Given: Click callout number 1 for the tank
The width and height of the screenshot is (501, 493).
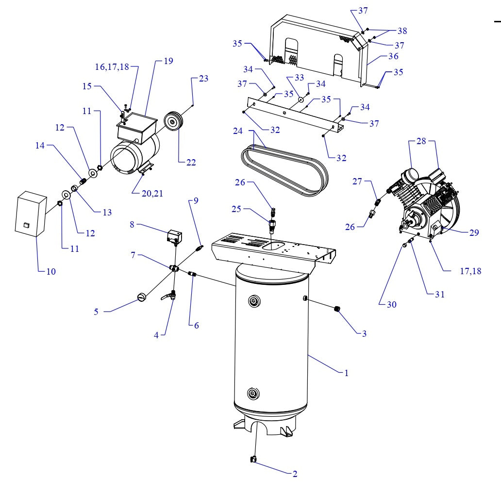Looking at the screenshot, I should coord(346,373).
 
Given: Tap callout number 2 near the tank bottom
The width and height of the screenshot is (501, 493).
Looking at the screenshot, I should coord(295,474).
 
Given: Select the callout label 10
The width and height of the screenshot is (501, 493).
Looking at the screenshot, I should coord(51,271).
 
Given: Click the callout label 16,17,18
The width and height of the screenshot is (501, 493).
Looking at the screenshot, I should coord(112,67).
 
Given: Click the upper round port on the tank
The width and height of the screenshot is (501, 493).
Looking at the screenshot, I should coord(252,302).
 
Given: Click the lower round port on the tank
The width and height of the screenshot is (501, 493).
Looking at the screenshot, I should coord(252,392).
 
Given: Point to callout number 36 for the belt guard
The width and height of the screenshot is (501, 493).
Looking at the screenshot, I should coord(393,56).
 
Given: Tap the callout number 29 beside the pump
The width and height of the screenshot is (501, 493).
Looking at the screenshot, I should coord(474,232).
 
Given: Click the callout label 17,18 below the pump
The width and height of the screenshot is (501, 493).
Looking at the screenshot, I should coord(470,271).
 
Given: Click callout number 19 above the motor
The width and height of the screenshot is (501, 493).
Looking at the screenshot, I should coord(168,61).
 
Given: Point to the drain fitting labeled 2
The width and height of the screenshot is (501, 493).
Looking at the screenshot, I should coord(253,460).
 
